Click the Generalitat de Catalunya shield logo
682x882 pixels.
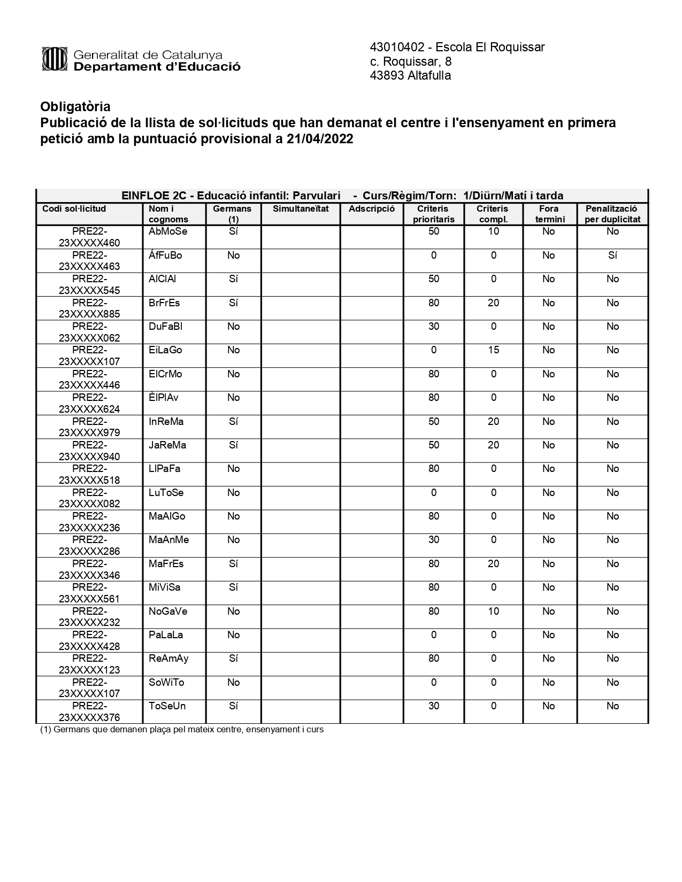point(54,59)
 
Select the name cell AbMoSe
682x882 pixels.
point(168,232)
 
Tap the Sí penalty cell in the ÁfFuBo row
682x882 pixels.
point(612,256)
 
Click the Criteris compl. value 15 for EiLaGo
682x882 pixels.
point(493,350)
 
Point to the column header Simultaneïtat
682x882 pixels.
point(301,209)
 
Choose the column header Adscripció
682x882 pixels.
point(372,209)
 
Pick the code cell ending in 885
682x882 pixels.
point(89,308)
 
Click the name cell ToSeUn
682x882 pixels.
point(167,706)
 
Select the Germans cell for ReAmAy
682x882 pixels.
point(233,659)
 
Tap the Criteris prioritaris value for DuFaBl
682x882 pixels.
point(433,327)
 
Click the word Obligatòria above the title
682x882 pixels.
point(75,106)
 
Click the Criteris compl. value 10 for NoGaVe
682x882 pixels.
point(493,612)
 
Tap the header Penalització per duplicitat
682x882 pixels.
point(612,214)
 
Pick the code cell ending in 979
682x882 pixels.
point(89,427)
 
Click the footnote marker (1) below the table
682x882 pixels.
point(46,730)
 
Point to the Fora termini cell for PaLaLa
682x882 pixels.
point(548,635)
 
